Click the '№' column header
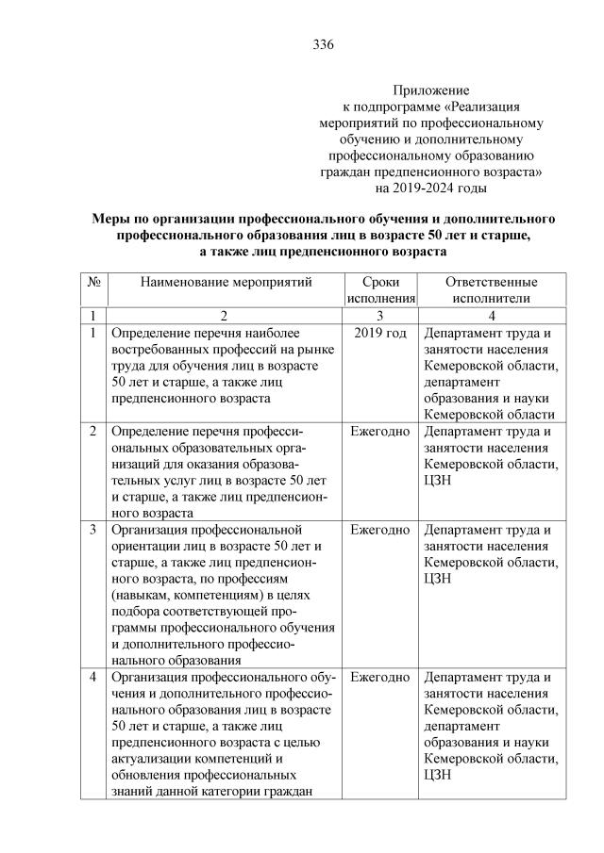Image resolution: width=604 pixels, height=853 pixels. tap(94, 282)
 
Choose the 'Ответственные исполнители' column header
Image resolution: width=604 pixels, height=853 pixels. tap(491, 289)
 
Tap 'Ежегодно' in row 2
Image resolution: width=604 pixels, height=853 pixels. tap(379, 432)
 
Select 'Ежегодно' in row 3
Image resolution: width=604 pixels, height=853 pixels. tap(379, 530)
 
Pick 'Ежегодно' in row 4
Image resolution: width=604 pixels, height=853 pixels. tap(379, 677)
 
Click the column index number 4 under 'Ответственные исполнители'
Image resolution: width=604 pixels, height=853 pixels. tap(492, 315)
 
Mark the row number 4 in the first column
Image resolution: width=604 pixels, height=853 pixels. tap(93, 677)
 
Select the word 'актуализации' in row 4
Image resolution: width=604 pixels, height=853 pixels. tap(151, 759)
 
